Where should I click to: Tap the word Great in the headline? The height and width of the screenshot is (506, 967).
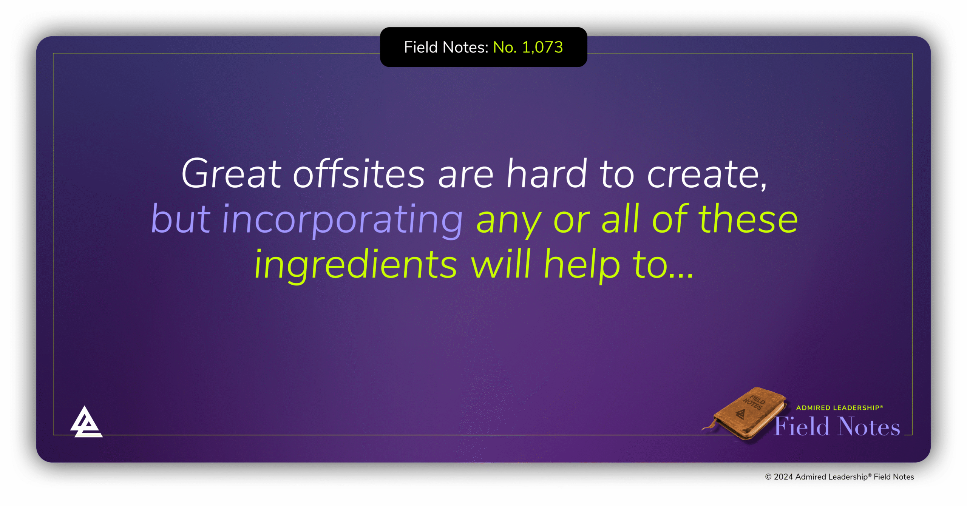pyautogui.click(x=231, y=174)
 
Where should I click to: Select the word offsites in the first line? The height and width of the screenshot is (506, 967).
pyautogui.click(x=359, y=174)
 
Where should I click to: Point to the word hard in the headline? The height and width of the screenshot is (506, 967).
pyautogui.click(x=547, y=174)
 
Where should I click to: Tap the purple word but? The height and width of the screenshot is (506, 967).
pyautogui.click(x=181, y=219)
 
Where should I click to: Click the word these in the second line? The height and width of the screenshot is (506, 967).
pyautogui.click(x=748, y=219)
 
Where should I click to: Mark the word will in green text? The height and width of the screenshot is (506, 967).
pyautogui.click(x=500, y=264)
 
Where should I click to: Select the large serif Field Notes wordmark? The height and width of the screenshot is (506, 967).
pyautogui.click(x=837, y=427)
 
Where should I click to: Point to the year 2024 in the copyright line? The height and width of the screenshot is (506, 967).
pyautogui.click(x=783, y=477)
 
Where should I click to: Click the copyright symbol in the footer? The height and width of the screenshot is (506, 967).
pyautogui.click(x=768, y=477)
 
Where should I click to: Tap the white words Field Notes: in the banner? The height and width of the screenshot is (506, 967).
pyautogui.click(x=446, y=48)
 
